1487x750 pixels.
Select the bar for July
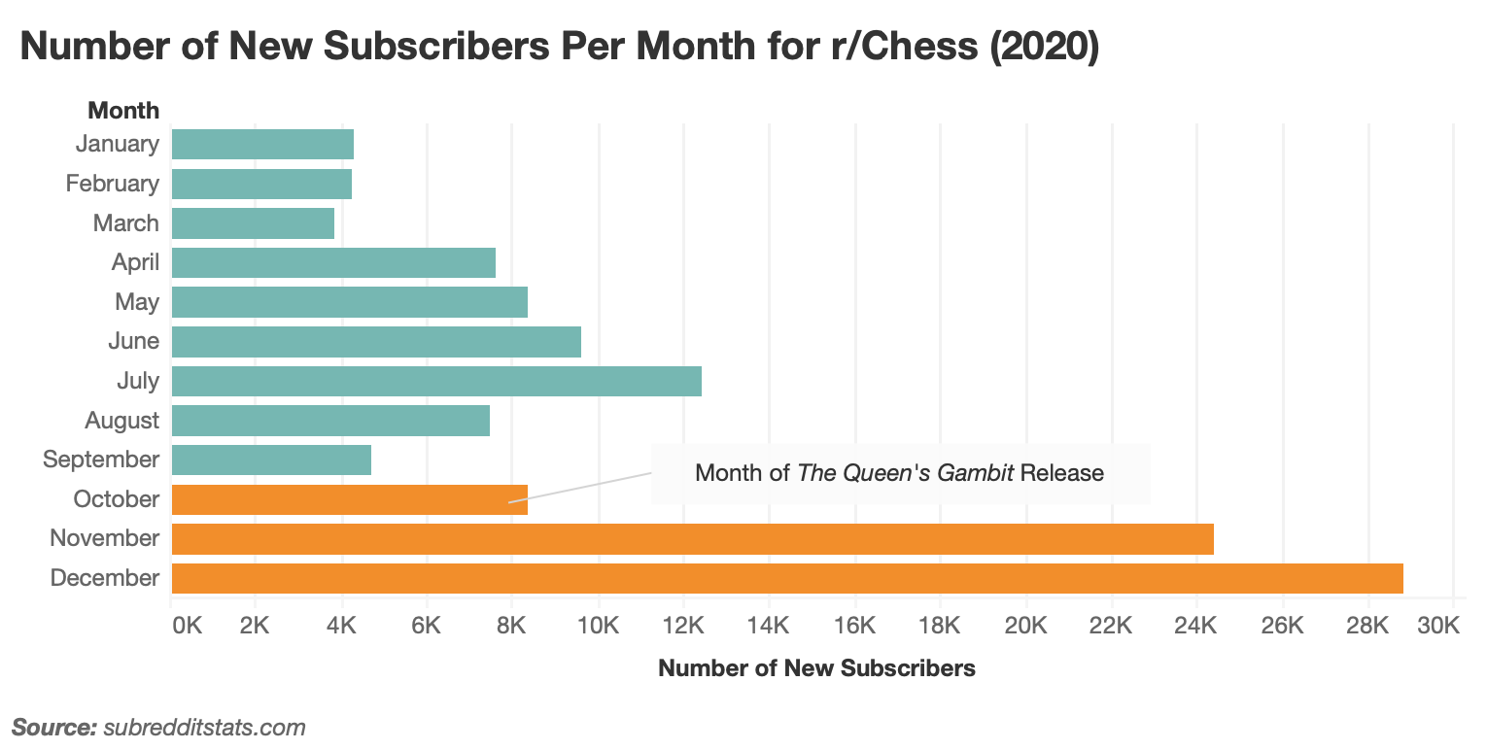click(x=436, y=381)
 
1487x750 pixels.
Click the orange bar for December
click(x=787, y=578)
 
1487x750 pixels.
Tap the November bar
click(x=692, y=538)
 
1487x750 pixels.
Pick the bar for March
click(x=253, y=223)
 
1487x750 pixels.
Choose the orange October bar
click(x=349, y=499)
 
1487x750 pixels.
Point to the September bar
click(x=271, y=460)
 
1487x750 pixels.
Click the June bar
click(x=376, y=342)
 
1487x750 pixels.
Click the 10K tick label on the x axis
click(x=598, y=626)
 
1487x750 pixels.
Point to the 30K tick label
click(x=1439, y=626)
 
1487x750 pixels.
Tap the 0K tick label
click(x=186, y=626)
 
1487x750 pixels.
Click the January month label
click(x=117, y=144)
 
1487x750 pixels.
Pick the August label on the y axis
click(x=121, y=421)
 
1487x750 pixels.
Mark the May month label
click(x=137, y=302)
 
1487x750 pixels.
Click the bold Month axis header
click(x=123, y=110)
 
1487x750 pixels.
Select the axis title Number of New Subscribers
click(x=816, y=668)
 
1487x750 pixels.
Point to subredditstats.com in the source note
click(x=204, y=727)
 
